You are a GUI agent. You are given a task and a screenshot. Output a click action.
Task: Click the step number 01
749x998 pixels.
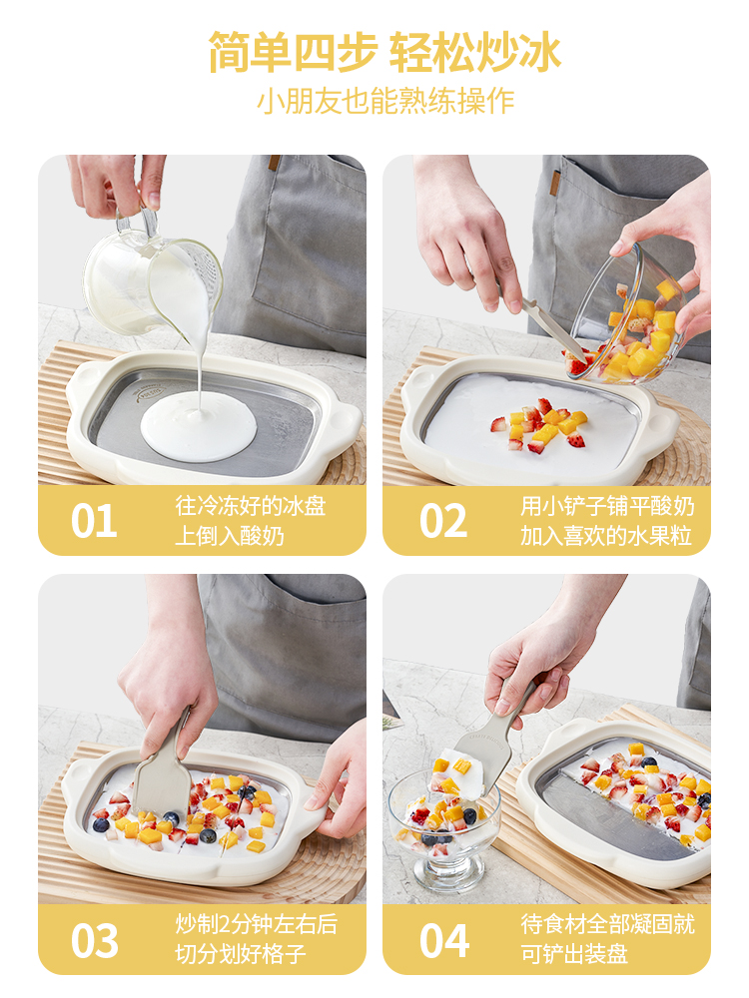click(x=94, y=521)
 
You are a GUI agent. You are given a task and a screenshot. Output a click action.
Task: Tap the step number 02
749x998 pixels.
click(x=443, y=521)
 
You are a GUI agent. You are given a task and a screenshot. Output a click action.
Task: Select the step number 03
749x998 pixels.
click(x=94, y=941)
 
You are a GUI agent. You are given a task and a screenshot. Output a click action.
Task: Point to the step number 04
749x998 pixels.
click(x=444, y=941)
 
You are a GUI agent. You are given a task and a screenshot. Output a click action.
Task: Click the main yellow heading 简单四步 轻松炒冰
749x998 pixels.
click(x=384, y=52)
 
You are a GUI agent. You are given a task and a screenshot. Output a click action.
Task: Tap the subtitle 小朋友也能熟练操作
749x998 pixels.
click(x=385, y=101)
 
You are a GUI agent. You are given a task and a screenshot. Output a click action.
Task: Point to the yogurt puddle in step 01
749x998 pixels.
click(x=198, y=426)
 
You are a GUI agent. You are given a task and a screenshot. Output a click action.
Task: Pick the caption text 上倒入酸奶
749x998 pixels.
click(x=229, y=535)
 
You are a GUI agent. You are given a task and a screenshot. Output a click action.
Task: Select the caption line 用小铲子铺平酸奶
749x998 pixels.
click(x=607, y=506)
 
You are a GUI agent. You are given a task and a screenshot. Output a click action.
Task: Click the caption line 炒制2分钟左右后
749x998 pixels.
click(x=256, y=924)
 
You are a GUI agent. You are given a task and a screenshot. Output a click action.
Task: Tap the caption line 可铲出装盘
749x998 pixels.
click(x=574, y=954)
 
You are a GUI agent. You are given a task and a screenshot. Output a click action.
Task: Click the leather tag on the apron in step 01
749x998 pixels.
click(x=274, y=162)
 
